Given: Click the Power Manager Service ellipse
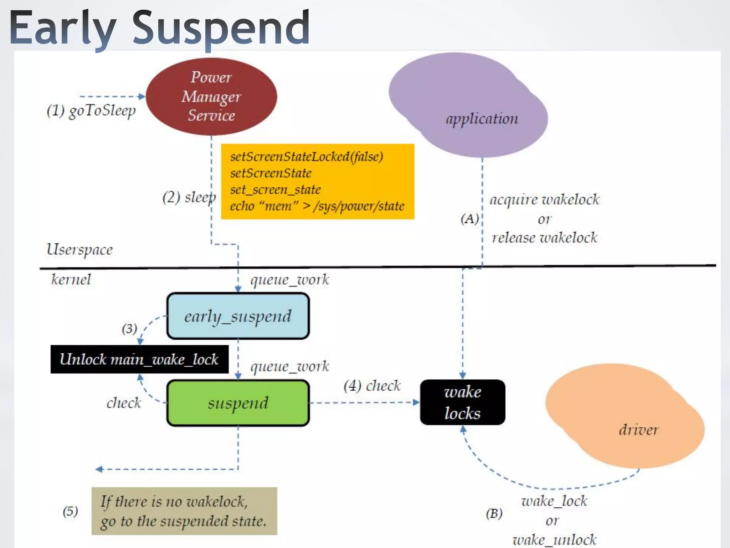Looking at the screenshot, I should click(211, 96).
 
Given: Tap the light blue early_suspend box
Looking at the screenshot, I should click(238, 316).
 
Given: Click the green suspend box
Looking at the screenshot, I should click(238, 403).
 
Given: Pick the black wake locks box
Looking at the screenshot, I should click(462, 402).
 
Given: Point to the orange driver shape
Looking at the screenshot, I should click(624, 416).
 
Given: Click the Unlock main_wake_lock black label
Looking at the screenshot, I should click(139, 359).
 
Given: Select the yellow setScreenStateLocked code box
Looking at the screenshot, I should click(317, 181).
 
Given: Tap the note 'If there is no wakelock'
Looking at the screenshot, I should click(184, 511).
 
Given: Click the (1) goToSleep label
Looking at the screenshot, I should click(91, 111).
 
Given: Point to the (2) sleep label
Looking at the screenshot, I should click(189, 197).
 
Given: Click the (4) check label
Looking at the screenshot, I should click(372, 386).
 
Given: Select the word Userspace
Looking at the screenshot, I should click(79, 249).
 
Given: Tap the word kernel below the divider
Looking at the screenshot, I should click(71, 279).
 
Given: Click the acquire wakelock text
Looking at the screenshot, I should click(544, 199).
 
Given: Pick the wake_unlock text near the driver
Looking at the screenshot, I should click(554, 539).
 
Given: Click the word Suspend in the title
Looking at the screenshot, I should click(221, 28).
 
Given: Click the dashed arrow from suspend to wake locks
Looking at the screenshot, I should click(364, 403).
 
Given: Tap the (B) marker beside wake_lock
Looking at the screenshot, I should click(494, 514).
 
